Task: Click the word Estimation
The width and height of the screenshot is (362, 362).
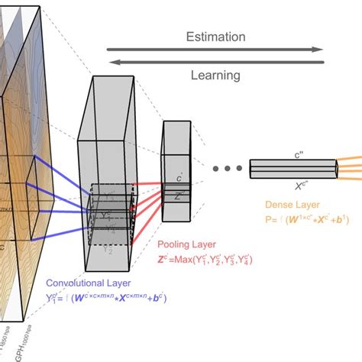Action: [217, 36]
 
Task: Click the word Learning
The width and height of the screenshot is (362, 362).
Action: [216, 75]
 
